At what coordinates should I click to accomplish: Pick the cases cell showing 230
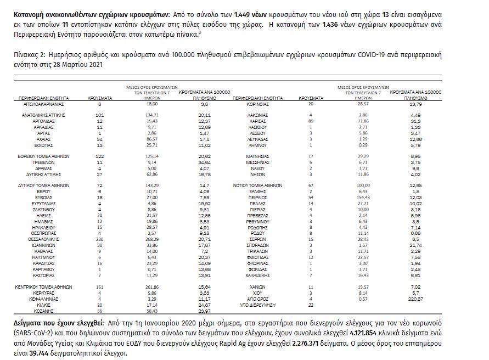pos(100,239)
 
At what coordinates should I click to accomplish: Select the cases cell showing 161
pos(100,287)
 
